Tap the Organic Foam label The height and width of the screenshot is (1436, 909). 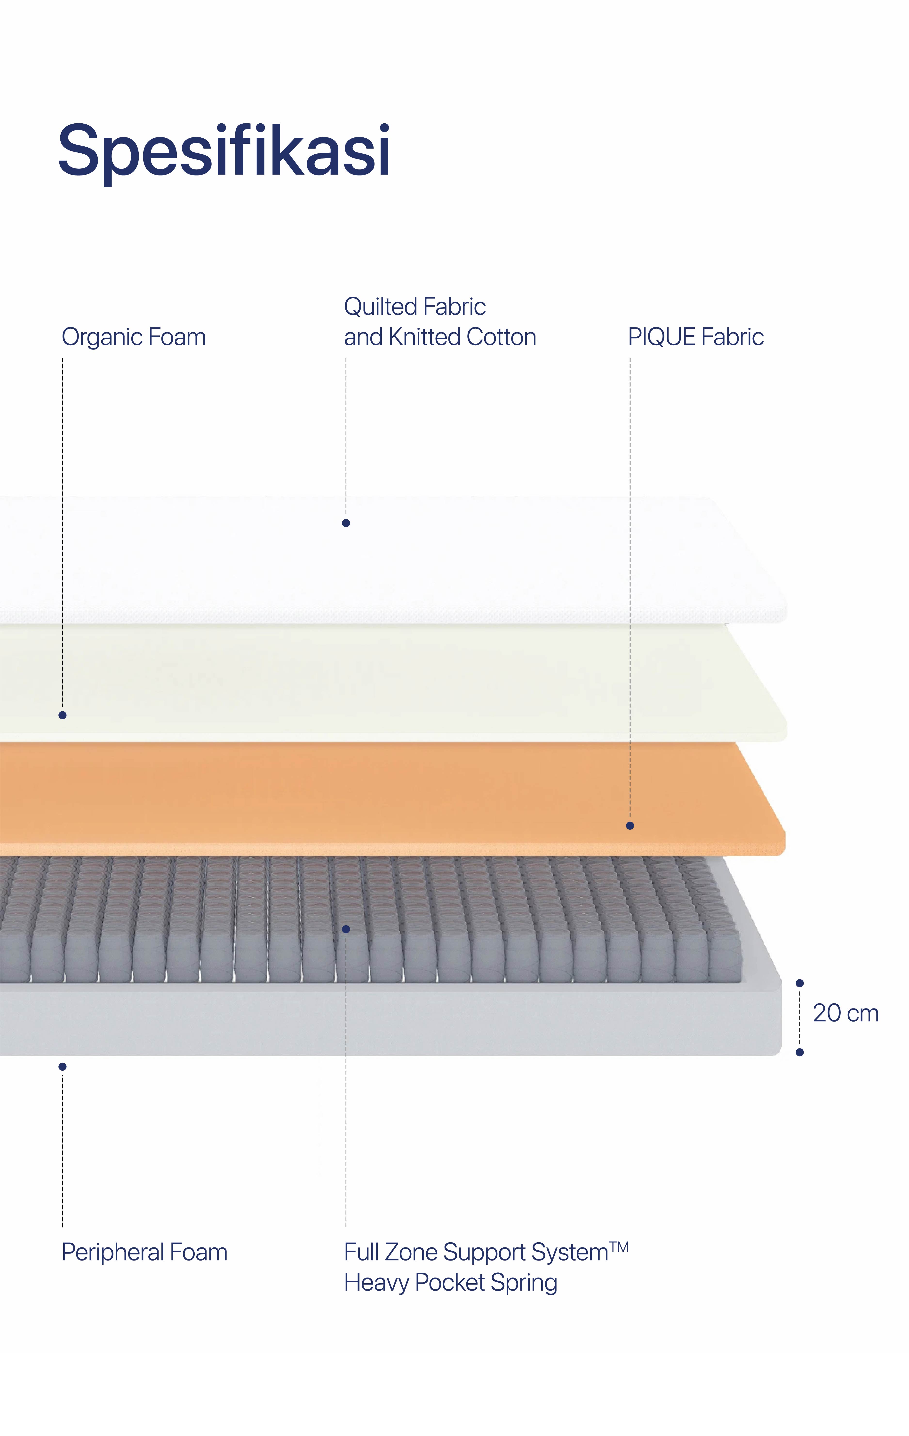click(x=134, y=337)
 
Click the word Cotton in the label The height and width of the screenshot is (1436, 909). click(x=501, y=337)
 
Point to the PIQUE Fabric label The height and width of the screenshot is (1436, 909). click(x=695, y=337)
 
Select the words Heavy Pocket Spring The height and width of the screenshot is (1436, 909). click(x=450, y=1283)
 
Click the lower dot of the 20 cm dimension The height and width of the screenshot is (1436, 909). click(x=800, y=1053)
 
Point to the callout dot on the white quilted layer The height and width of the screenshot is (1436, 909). click(x=346, y=523)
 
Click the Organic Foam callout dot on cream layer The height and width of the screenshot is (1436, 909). click(x=63, y=715)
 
